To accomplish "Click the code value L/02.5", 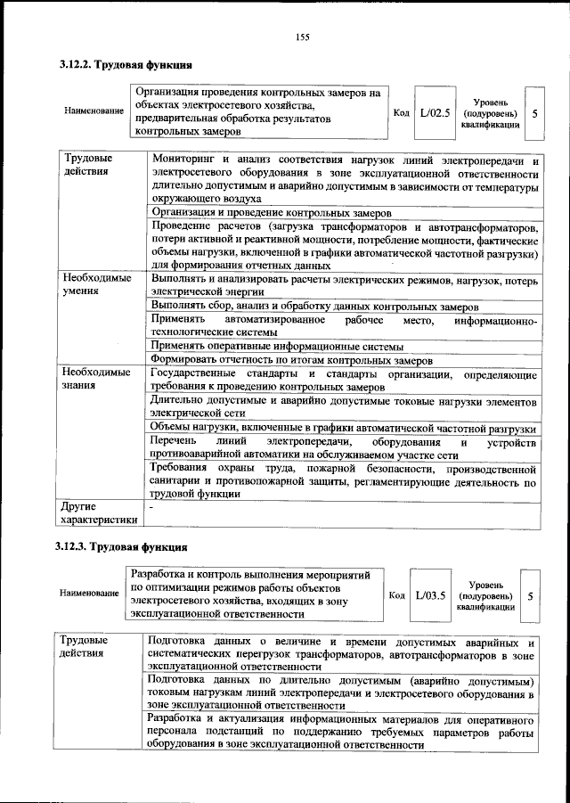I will pyautogui.click(x=436, y=113).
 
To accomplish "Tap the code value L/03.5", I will pyautogui.click(x=430, y=594).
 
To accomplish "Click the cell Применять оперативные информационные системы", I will pyautogui.click(x=277, y=345).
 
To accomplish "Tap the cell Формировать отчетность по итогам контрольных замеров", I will pyautogui.click(x=292, y=360).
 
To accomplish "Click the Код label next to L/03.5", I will pyautogui.click(x=396, y=594).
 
